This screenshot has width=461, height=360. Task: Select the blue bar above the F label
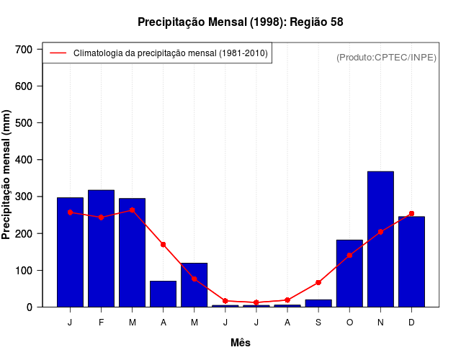click(x=101, y=248)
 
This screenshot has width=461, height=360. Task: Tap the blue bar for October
click(x=349, y=273)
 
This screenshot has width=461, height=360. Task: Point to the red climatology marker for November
click(x=380, y=232)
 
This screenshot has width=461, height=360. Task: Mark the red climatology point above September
click(x=318, y=282)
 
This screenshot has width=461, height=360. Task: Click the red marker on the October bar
click(x=349, y=255)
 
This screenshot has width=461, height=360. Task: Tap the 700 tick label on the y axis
click(x=24, y=49)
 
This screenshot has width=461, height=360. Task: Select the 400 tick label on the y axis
click(x=24, y=160)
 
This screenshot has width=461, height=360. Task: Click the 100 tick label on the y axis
click(x=24, y=271)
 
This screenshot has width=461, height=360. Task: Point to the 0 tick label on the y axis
click(x=30, y=307)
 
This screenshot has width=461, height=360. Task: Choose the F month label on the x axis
click(x=101, y=323)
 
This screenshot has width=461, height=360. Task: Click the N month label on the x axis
click(x=380, y=323)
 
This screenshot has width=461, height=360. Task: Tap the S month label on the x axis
click(x=318, y=323)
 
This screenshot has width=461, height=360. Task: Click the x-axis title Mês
click(x=241, y=343)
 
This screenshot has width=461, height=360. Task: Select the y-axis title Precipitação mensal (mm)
click(x=7, y=175)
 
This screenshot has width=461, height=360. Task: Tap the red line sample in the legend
click(x=58, y=53)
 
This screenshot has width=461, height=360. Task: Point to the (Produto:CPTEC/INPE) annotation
click(x=387, y=57)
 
